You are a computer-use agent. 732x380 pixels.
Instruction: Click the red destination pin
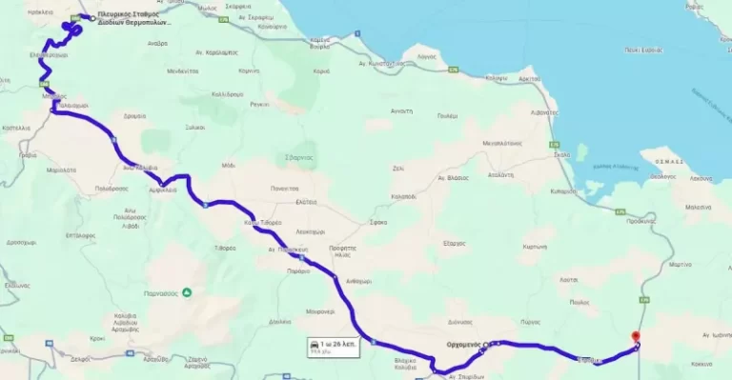(x=636, y=335)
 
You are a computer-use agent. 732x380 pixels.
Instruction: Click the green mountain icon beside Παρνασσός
(x=187, y=292)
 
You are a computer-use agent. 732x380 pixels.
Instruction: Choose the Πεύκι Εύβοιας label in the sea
(x=644, y=50)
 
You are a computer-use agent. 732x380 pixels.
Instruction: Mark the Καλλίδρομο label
(x=229, y=94)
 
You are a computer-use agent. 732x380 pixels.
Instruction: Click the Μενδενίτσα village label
(x=182, y=70)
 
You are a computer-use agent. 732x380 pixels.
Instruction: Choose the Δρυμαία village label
(x=134, y=116)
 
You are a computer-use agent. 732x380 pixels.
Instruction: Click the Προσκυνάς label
(x=640, y=220)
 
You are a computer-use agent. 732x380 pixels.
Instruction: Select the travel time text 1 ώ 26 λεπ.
(x=338, y=343)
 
